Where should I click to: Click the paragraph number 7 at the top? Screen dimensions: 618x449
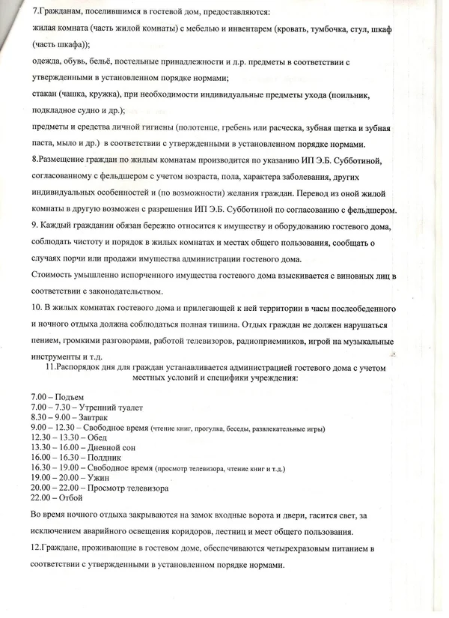36,13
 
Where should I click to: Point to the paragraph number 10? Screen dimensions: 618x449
37,308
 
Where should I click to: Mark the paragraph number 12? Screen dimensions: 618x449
37,549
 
